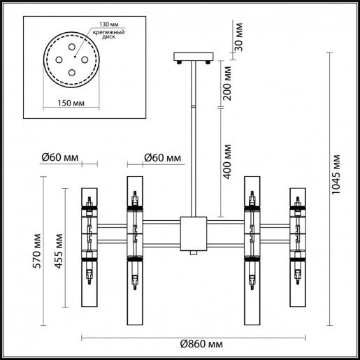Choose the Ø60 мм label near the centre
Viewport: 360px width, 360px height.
160,157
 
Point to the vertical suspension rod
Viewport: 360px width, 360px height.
193,140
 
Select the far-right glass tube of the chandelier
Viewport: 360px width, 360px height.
296,248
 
